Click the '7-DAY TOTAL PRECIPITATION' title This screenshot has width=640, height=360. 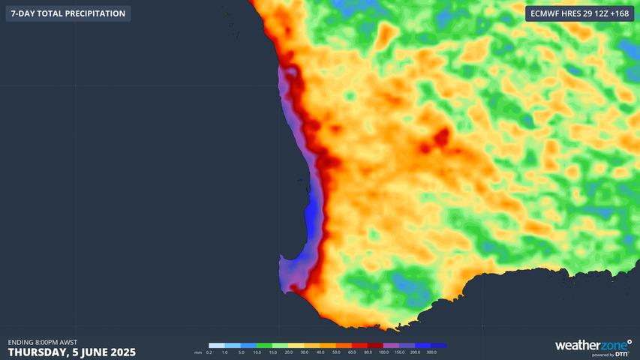(x=68, y=13)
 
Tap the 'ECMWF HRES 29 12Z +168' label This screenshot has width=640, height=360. (x=579, y=13)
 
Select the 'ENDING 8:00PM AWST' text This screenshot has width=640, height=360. (x=43, y=342)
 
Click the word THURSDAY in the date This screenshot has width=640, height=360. (x=41, y=352)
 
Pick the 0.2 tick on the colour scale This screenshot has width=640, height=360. (x=209, y=352)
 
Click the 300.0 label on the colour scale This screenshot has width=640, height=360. (x=431, y=352)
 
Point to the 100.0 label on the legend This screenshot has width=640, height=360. (x=383, y=352)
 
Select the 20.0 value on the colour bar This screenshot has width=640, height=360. (x=288, y=352)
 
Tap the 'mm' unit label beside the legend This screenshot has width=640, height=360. (x=198, y=352)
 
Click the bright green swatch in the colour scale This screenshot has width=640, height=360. (x=264, y=345)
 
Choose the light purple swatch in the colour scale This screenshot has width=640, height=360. (x=391, y=345)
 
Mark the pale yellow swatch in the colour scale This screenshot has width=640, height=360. (x=296, y=345)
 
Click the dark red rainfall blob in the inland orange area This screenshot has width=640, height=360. (x=441, y=137)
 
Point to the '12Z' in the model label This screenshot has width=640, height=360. (x=596, y=13)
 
